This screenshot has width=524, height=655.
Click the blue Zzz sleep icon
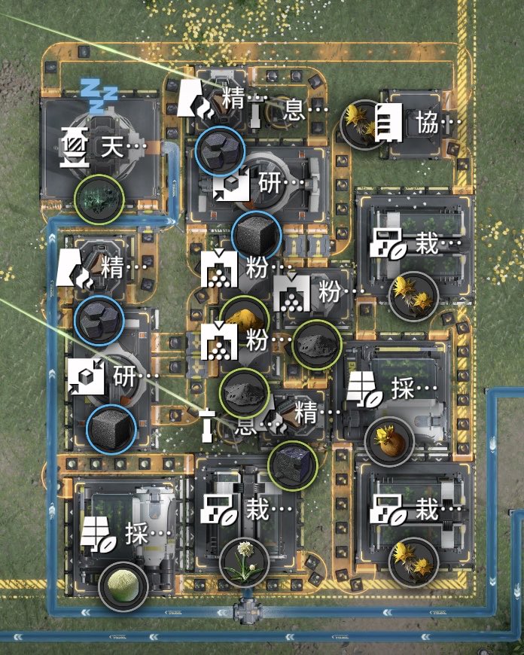[x=98, y=96]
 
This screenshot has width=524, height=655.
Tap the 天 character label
[x=112, y=147]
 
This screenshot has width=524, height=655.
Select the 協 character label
[x=427, y=123]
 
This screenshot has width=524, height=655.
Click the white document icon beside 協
[x=388, y=123]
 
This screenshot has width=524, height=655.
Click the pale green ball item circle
[x=123, y=586]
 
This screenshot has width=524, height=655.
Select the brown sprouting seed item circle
[x=389, y=441]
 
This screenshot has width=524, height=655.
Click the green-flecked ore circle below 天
[x=99, y=199]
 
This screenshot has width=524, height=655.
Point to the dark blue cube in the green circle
[x=293, y=466]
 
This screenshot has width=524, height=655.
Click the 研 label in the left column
[x=124, y=376]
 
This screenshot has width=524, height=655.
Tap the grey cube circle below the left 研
[x=111, y=429]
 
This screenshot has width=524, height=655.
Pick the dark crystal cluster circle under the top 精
[x=220, y=151]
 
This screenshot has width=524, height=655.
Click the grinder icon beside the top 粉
[x=219, y=269]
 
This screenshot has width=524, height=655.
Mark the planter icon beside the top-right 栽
[x=388, y=244]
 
